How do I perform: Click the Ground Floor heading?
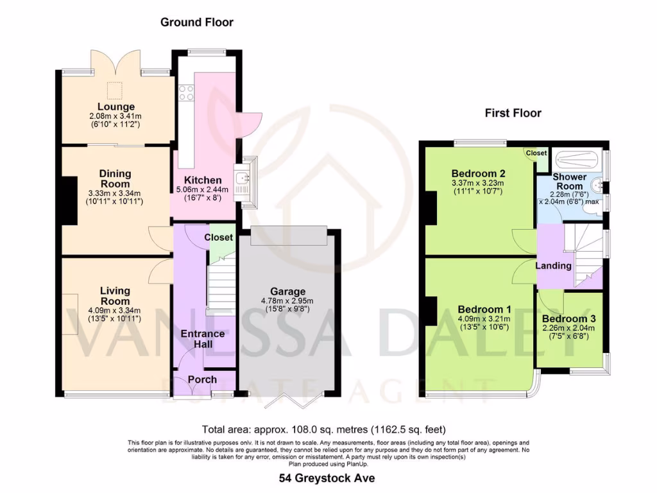[x=196, y=22]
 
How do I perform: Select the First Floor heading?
[x=513, y=114]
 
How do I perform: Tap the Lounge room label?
[x=116, y=107]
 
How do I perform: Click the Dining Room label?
[x=115, y=179]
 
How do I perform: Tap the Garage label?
[x=287, y=291]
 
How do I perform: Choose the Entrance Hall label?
[x=203, y=339]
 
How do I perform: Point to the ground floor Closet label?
[x=218, y=238]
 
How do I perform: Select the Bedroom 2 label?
[x=479, y=173]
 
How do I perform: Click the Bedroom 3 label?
[x=568, y=319]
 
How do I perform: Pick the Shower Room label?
[x=570, y=181]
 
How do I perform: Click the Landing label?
[x=554, y=265]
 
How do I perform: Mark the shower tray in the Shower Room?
[x=577, y=158]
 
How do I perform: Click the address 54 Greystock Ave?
[x=327, y=478]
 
